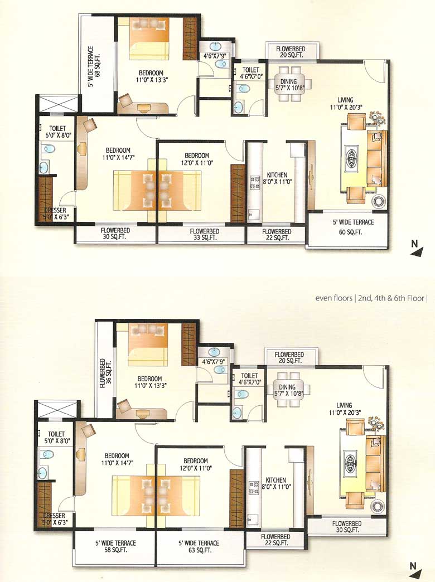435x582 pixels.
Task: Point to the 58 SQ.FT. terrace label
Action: coord(115,547)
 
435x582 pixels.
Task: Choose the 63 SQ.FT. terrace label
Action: coord(199,547)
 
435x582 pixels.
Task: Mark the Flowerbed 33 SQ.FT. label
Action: coord(204,234)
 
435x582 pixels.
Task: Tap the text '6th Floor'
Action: coord(411,298)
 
